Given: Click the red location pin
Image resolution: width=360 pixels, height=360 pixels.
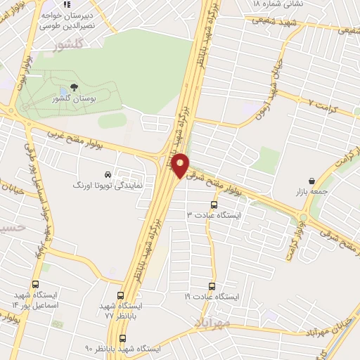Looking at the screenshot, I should coord(181,165).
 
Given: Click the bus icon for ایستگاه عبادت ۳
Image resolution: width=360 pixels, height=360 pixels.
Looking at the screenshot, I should coord(214,205).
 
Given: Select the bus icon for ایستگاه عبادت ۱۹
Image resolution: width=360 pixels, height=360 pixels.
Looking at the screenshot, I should coord(211,287).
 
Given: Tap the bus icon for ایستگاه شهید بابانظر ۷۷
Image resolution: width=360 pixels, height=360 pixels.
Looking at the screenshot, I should coord(121,296).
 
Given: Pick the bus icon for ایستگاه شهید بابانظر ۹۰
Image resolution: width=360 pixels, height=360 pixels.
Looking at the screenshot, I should coord(123,338).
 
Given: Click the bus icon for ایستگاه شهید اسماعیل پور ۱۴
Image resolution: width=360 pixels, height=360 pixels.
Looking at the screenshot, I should coord(35,285).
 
